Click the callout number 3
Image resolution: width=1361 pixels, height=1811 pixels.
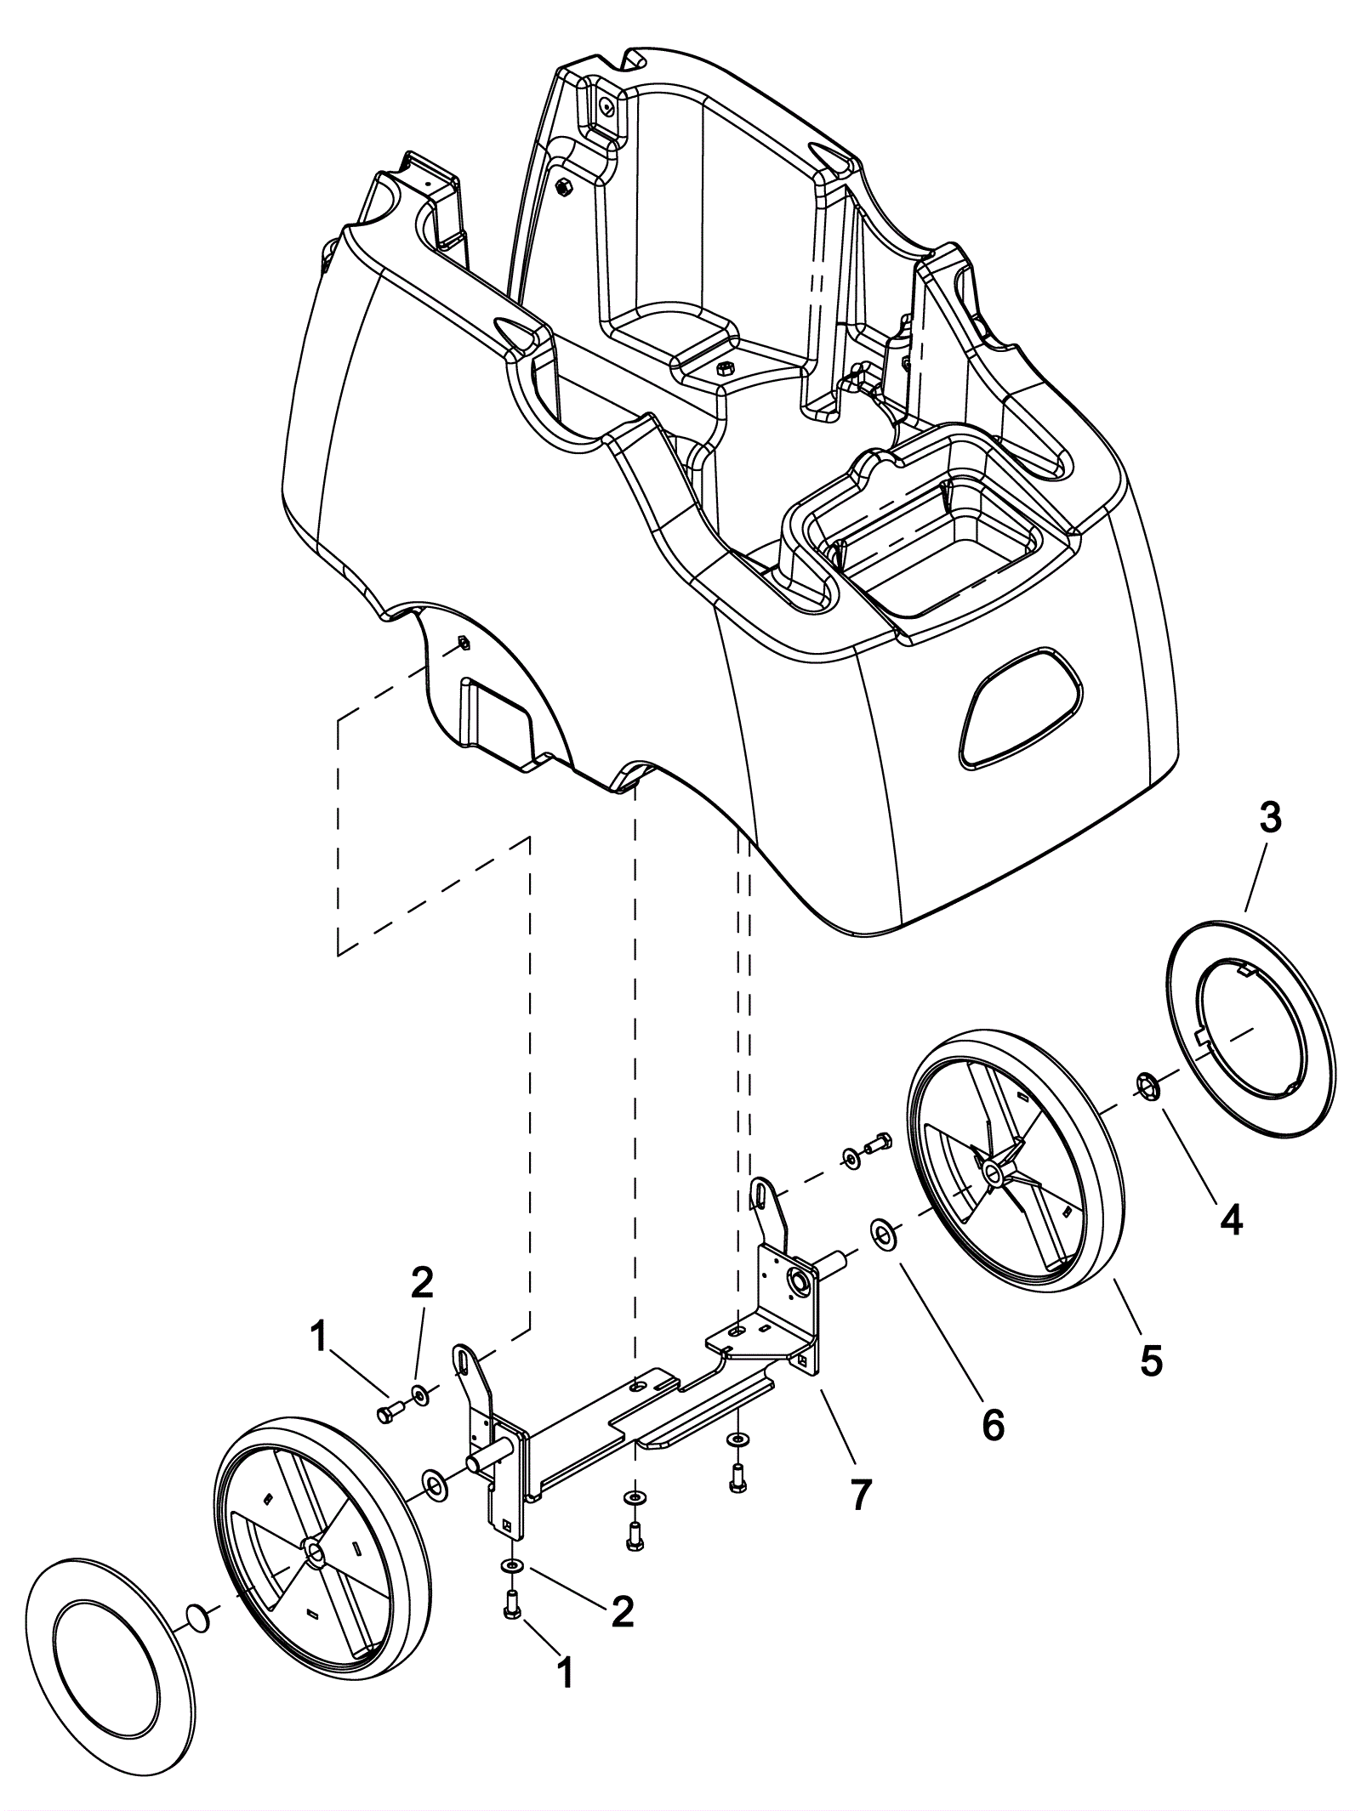pos(1268,820)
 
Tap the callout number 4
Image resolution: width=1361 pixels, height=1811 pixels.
pos(1231,1220)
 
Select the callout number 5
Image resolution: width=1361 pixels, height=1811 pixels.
pos(1150,1361)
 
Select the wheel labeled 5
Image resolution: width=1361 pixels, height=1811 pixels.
pos(1013,1166)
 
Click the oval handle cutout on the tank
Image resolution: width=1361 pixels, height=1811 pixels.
pos(1021,712)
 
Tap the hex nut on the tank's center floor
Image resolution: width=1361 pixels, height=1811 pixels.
pos(726,368)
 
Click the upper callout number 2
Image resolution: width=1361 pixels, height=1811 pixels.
pos(422,1283)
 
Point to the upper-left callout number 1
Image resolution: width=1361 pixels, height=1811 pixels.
pos(318,1337)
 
